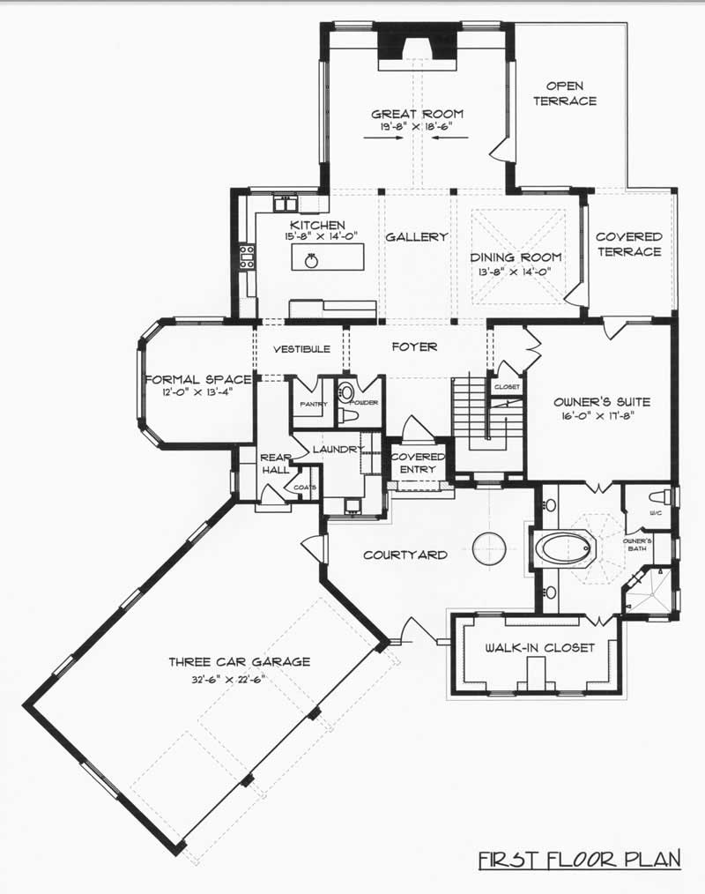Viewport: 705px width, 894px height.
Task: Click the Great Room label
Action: point(417,115)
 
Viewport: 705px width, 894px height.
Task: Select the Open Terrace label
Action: point(570,93)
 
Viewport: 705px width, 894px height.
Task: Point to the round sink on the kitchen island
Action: point(311,260)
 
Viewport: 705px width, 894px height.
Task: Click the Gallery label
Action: point(417,237)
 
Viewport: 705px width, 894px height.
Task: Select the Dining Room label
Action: point(516,257)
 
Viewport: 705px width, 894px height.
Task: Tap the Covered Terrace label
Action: point(628,244)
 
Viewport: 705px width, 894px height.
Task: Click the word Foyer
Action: point(414,347)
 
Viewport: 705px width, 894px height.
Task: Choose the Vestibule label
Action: point(301,349)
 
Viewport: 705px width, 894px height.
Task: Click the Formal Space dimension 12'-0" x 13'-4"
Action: point(197,393)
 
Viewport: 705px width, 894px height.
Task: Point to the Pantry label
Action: point(312,405)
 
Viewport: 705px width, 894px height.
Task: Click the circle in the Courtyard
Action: point(491,549)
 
